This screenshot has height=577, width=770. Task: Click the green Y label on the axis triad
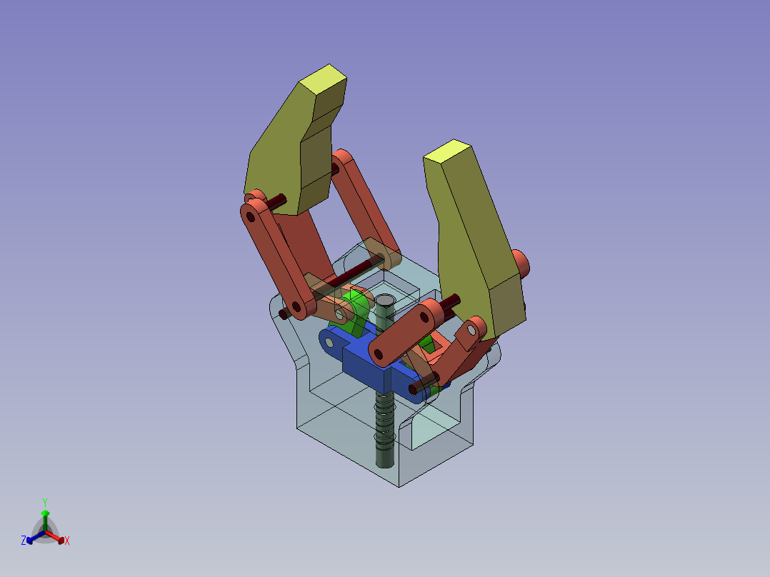[x=45, y=502]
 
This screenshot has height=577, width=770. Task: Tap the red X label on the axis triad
[x=67, y=541]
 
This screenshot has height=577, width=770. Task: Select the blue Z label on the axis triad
[x=24, y=541]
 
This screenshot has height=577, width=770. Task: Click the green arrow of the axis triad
[x=45, y=521]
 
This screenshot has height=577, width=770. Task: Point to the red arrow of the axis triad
[x=55, y=536]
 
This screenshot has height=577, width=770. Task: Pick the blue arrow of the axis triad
[x=36, y=536]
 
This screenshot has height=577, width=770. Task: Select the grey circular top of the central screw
[x=384, y=300]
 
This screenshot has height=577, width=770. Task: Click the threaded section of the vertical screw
[x=384, y=422]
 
